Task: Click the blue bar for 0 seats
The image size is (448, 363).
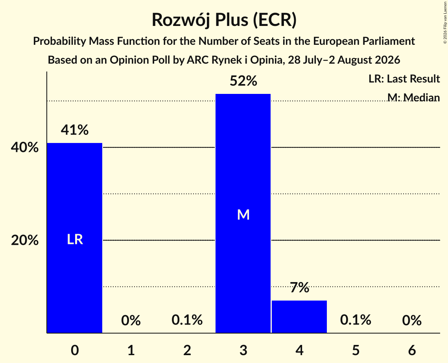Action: [x=75, y=238]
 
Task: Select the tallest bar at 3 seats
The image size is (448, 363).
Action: [x=243, y=213]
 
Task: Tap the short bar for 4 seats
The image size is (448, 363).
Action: [x=299, y=317]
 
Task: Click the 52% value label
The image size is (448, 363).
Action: [x=243, y=81]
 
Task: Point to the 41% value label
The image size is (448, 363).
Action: [x=75, y=130]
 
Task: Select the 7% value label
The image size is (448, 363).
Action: [x=299, y=288]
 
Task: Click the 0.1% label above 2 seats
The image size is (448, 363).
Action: [x=187, y=320]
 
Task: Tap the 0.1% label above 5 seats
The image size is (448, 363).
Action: [x=356, y=320]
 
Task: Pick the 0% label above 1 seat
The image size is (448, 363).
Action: [x=131, y=320]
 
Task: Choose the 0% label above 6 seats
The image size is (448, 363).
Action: [x=412, y=320]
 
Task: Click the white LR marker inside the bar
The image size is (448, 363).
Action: [x=75, y=239]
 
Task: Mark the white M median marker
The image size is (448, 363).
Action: [x=243, y=214]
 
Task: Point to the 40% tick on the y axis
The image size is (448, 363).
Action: [x=25, y=148]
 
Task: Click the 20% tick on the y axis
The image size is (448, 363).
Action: [x=25, y=240]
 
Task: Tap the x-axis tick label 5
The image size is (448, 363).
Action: [x=356, y=350]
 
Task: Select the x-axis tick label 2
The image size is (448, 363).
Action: [x=187, y=350]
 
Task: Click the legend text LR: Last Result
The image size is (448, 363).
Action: [x=404, y=79]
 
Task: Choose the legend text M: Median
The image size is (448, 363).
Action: [x=413, y=97]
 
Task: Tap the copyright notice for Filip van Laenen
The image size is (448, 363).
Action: [x=445, y=23]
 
